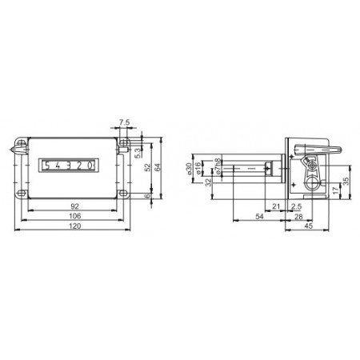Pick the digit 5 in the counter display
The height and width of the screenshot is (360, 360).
point(49,166)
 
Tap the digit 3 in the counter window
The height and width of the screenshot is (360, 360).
point(70,166)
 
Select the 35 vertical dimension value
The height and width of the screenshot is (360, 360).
point(346,179)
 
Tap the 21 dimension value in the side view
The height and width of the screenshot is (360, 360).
point(277,206)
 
